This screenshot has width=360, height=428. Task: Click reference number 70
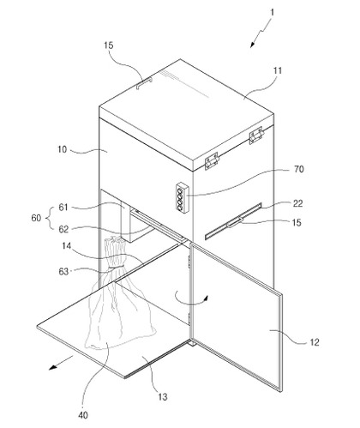pos(298,169)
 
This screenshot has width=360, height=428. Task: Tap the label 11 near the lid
pos(278,70)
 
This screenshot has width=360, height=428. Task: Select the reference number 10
pos(62,149)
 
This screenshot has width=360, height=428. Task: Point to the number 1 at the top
pos(272,12)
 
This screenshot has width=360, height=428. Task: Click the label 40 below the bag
pos(83,415)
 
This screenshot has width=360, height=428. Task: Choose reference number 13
pos(162,397)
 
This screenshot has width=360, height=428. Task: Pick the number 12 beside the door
pos(315,342)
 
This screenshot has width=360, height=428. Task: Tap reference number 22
pos(297,203)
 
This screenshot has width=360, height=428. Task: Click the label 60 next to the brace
pos(36,218)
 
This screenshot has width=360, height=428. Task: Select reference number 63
pos(63,271)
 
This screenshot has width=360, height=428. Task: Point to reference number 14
pos(66,245)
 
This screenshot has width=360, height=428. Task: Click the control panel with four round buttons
pos(183,198)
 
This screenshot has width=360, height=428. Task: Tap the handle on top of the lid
pos(144,83)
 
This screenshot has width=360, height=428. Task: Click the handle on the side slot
pos(235,222)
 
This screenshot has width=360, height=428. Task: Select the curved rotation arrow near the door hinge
pos(192,299)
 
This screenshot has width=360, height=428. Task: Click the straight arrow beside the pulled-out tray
pos(61,363)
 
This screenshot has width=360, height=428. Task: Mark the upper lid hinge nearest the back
pos(256,136)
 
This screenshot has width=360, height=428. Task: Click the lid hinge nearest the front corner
pos(212,161)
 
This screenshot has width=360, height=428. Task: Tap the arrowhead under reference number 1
pos(252,45)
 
